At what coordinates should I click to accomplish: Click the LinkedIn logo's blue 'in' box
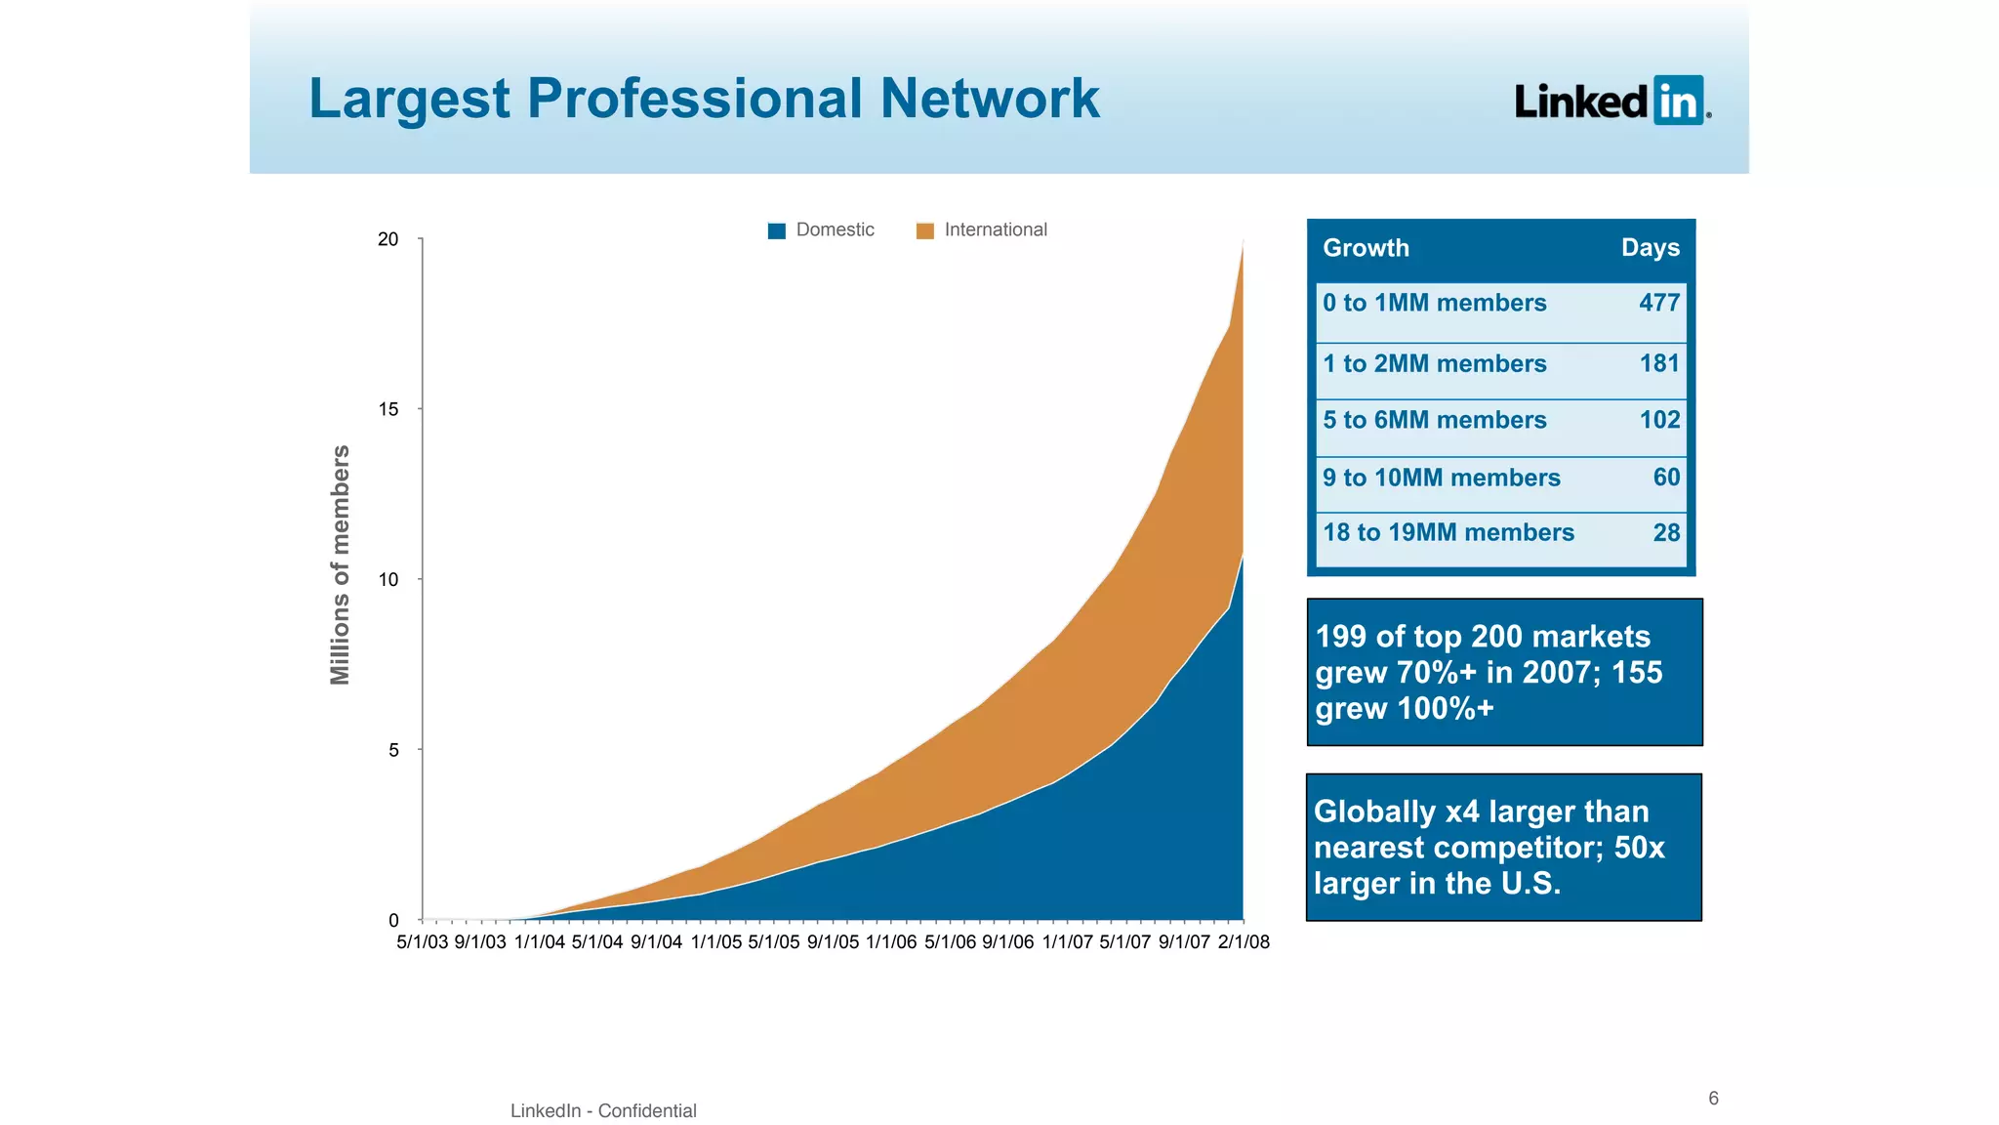(x=1678, y=101)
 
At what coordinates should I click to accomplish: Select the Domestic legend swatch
(x=777, y=230)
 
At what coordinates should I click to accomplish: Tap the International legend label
(x=995, y=229)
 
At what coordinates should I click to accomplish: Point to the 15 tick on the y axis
(x=388, y=409)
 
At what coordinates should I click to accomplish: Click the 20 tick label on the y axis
(x=388, y=239)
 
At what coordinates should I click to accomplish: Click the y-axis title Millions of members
(x=340, y=564)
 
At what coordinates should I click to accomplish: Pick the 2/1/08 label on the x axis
(x=1243, y=942)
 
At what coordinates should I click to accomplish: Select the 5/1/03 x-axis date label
(x=422, y=942)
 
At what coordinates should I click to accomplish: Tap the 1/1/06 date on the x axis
(x=890, y=942)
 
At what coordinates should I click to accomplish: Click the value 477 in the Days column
(x=1658, y=303)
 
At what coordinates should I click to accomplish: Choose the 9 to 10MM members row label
(x=1441, y=478)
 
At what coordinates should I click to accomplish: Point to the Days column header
(x=1650, y=248)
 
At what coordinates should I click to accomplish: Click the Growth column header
(x=1366, y=248)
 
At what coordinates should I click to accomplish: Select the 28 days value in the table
(x=1665, y=532)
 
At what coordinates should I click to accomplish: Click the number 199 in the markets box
(x=1340, y=637)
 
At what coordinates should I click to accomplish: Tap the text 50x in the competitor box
(x=1639, y=848)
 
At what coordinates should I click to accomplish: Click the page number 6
(x=1713, y=1099)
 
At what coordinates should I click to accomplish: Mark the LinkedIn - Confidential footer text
(x=603, y=1110)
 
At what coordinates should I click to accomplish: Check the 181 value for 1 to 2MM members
(x=1658, y=363)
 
